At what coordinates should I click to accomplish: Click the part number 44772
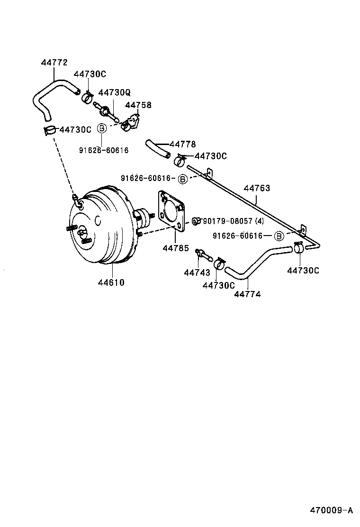click(x=54, y=63)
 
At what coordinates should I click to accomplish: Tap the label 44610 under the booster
click(x=111, y=283)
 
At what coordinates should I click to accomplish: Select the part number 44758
click(x=138, y=105)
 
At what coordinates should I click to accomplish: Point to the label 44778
click(x=182, y=144)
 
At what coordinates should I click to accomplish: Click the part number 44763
click(x=257, y=189)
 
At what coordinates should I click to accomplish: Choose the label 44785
click(x=176, y=248)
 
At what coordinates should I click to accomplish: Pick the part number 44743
click(x=197, y=273)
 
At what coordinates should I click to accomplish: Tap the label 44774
click(x=247, y=294)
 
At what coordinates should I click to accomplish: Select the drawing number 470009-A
click(x=332, y=510)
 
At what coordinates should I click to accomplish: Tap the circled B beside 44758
click(x=101, y=128)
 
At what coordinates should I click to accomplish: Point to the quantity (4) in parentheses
click(x=259, y=221)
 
